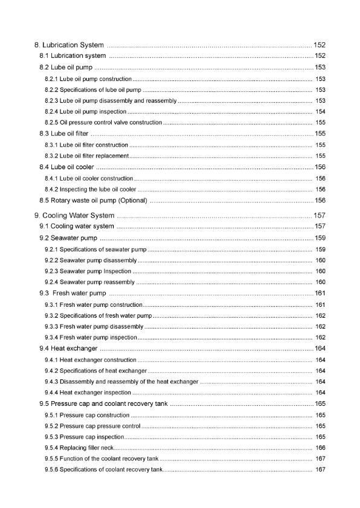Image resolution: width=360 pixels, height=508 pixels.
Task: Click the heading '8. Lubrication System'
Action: pos(70,45)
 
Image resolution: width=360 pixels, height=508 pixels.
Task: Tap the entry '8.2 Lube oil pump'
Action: pos(66,67)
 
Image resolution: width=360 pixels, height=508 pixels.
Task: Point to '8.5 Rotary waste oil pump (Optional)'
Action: pos(93,201)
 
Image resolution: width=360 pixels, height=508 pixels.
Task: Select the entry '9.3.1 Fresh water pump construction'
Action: pos(94,304)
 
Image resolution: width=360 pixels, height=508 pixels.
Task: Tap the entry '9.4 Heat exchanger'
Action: pos(68,349)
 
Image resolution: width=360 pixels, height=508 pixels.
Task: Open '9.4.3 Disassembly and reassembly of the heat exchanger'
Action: pos(121,382)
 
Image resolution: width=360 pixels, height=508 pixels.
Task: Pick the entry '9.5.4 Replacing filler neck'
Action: pos(79,448)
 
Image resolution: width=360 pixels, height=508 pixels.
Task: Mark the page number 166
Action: pos(321,448)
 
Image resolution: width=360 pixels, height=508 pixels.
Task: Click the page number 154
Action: pos(321,112)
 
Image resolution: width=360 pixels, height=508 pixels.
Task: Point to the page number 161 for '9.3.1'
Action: pos(321,304)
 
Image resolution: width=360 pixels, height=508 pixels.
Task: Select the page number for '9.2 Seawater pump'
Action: pos(320,237)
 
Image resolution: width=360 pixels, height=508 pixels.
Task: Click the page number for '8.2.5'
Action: pos(321,123)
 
